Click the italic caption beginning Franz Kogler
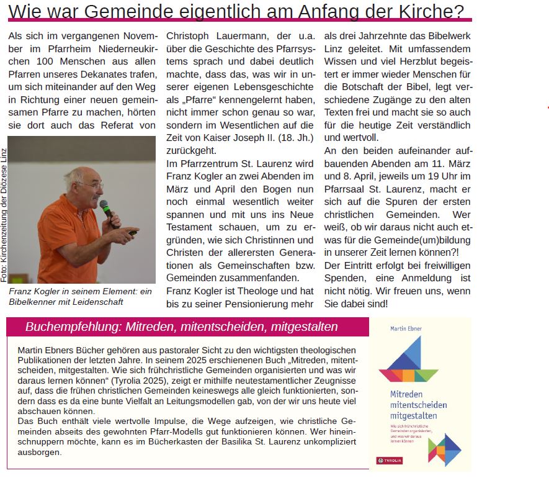pos(81,296)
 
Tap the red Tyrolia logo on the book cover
pos(390,460)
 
